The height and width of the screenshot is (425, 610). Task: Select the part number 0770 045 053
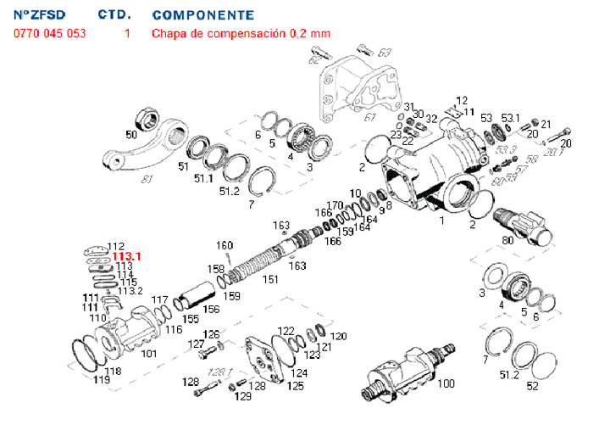(49, 34)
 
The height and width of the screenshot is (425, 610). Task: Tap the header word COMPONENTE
(202, 15)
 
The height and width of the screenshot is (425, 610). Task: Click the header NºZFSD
(39, 15)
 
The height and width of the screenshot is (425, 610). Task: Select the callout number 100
(445, 384)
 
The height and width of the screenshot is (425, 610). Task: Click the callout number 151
(270, 279)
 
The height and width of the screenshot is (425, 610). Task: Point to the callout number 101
(148, 353)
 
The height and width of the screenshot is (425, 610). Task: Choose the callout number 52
(532, 387)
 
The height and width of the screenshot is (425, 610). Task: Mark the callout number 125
(295, 387)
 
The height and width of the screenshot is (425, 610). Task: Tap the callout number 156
(211, 309)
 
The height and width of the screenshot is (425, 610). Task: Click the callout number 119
(102, 380)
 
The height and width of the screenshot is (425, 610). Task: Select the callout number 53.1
(510, 118)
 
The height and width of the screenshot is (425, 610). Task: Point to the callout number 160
(224, 246)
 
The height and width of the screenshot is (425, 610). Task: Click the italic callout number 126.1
(219, 372)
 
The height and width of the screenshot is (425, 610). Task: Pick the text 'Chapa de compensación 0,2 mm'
(241, 34)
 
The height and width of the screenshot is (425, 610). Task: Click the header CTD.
(114, 15)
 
